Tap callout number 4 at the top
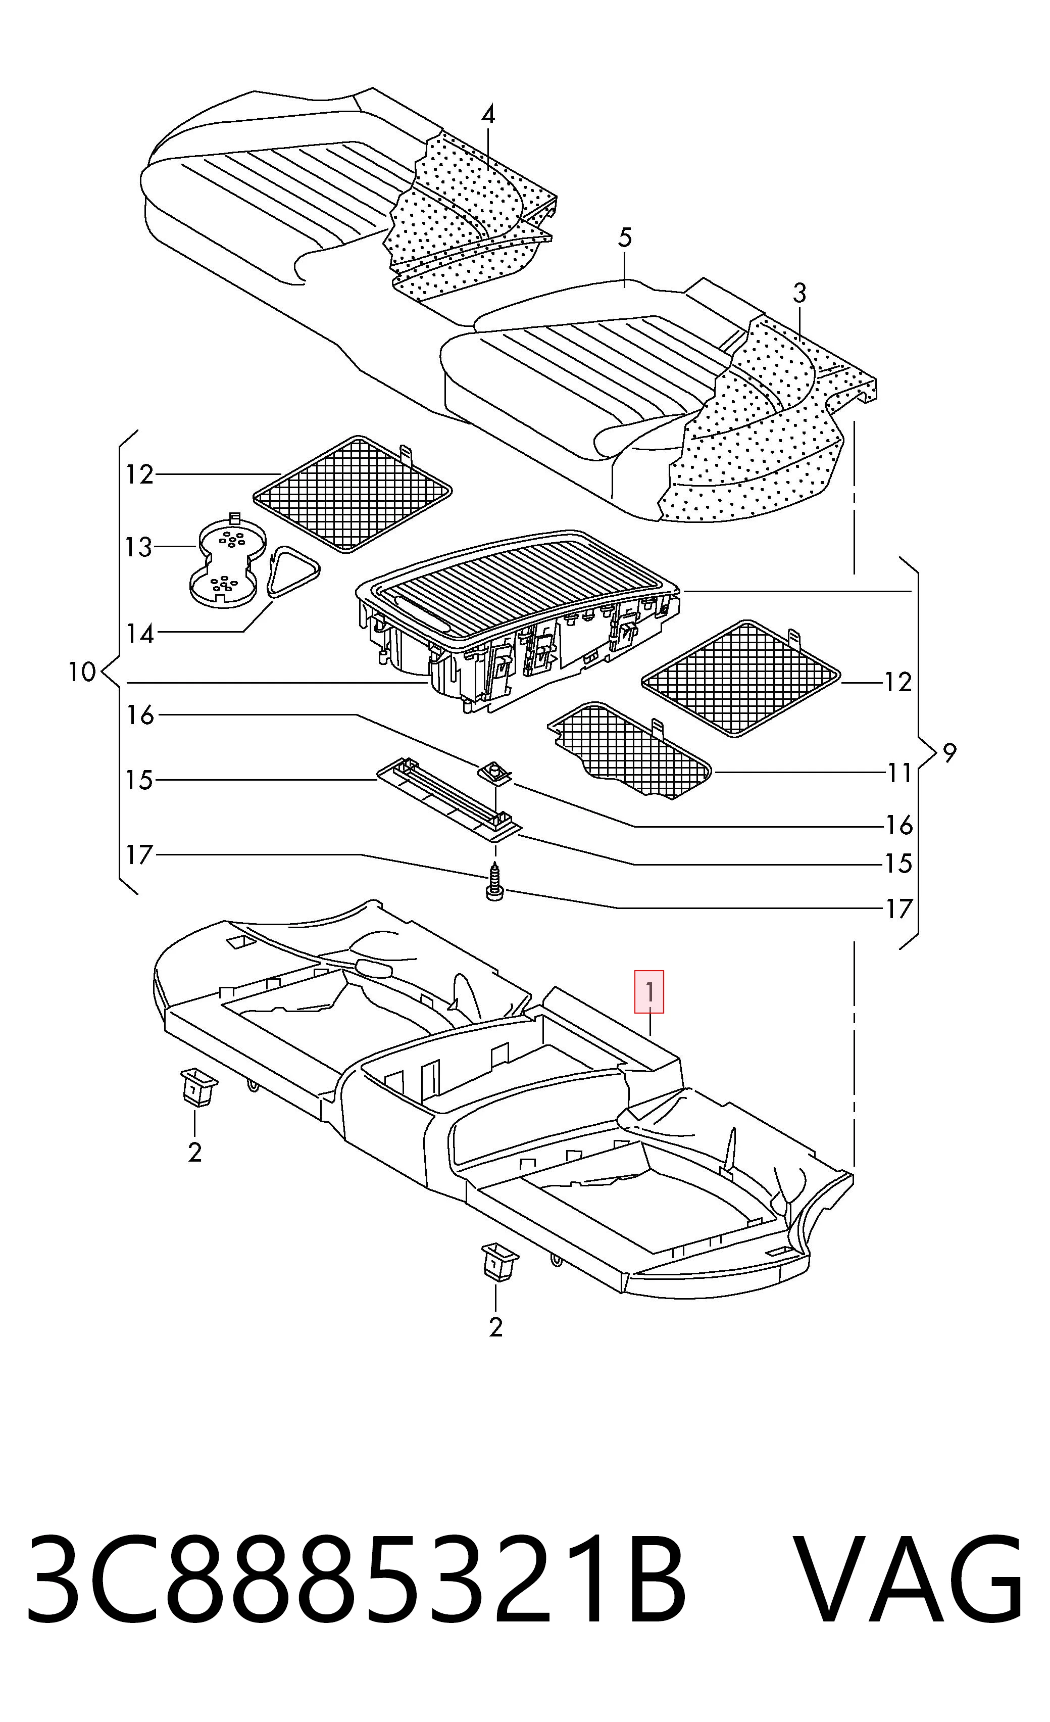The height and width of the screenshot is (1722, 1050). pos(488,115)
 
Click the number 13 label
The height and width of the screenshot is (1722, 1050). pos(139,547)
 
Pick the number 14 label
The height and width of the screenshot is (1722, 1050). pos(140,633)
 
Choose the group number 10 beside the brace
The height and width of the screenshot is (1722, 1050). pos(82,673)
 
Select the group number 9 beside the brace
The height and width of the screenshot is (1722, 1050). pos(948,753)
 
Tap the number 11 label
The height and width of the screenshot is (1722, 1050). pos(899,773)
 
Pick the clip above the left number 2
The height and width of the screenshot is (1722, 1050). pos(198,1087)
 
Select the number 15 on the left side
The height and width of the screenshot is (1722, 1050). pos(140,780)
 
